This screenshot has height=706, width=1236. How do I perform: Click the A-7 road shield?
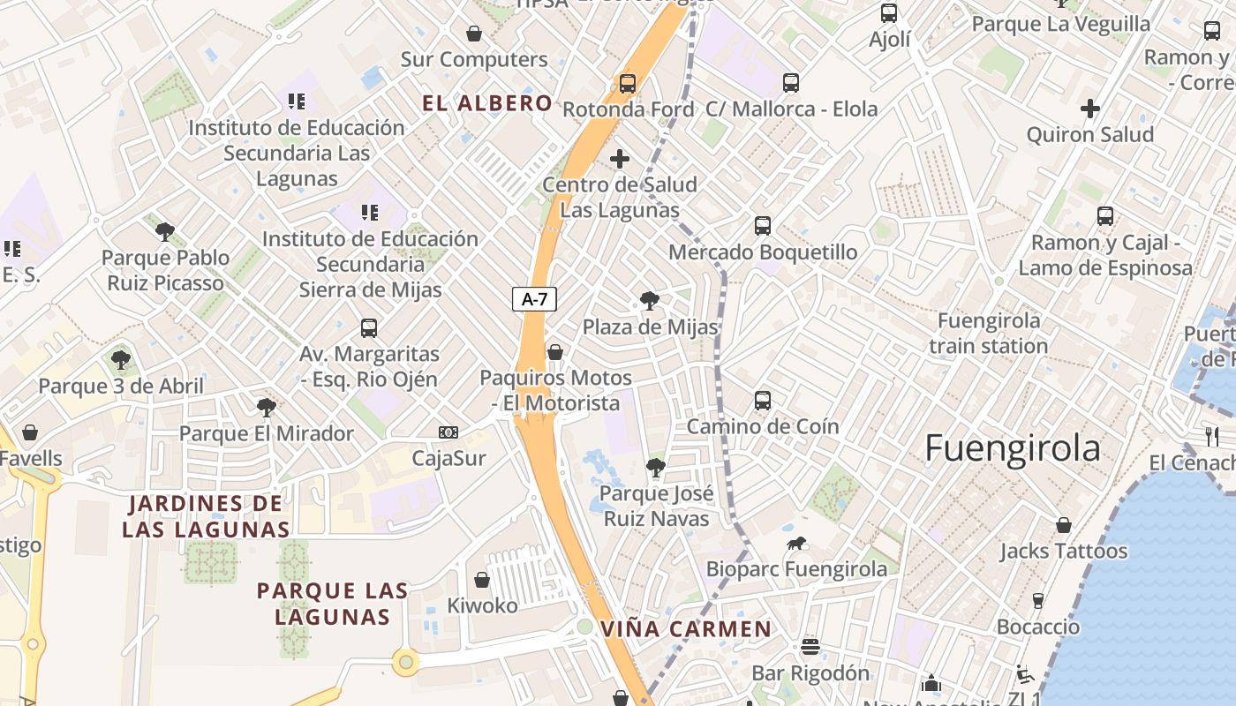(x=535, y=299)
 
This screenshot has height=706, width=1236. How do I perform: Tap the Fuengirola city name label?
(x=1013, y=448)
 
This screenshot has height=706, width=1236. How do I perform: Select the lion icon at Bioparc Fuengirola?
(x=796, y=543)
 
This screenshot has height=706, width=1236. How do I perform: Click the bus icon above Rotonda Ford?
(x=627, y=84)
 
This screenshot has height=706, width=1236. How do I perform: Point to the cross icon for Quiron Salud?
(x=1090, y=109)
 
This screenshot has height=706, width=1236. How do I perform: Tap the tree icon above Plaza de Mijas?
(x=650, y=301)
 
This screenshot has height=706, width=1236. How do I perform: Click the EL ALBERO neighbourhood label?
(x=487, y=103)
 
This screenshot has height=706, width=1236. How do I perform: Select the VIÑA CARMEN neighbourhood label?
(x=686, y=629)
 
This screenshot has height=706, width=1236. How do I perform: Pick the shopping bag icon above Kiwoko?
(x=482, y=580)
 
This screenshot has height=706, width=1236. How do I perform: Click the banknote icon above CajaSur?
(x=448, y=432)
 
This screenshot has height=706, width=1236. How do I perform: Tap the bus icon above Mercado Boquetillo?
(x=763, y=226)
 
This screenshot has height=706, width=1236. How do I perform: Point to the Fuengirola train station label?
(x=989, y=333)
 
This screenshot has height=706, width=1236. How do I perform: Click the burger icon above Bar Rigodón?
(x=810, y=647)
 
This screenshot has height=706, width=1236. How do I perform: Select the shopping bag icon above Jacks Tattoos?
(x=1064, y=525)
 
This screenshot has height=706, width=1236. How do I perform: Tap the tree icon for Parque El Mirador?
(x=266, y=407)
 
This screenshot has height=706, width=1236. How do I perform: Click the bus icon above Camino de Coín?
(x=763, y=401)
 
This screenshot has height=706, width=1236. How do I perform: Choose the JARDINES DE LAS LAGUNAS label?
(x=207, y=516)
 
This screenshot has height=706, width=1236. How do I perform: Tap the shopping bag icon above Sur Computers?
(x=474, y=34)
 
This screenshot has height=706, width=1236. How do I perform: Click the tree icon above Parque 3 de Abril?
(x=121, y=360)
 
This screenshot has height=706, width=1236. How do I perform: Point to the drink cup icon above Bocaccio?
(x=1038, y=601)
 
